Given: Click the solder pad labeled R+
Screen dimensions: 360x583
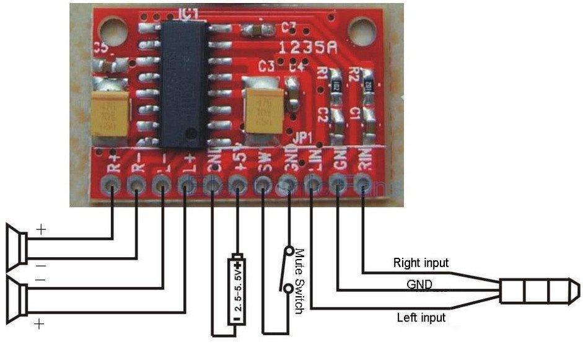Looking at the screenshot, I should (112, 184).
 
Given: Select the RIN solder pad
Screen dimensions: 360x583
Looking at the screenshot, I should (363, 183).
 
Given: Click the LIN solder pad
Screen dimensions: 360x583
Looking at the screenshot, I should (313, 183).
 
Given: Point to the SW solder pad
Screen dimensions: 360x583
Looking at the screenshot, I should (263, 184).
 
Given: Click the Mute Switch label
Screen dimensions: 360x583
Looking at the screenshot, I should (300, 280).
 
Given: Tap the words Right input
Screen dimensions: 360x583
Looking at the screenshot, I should (421, 263).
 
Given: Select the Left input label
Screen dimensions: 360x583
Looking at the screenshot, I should (421, 318).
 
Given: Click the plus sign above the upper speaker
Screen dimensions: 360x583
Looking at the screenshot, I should (41, 230).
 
